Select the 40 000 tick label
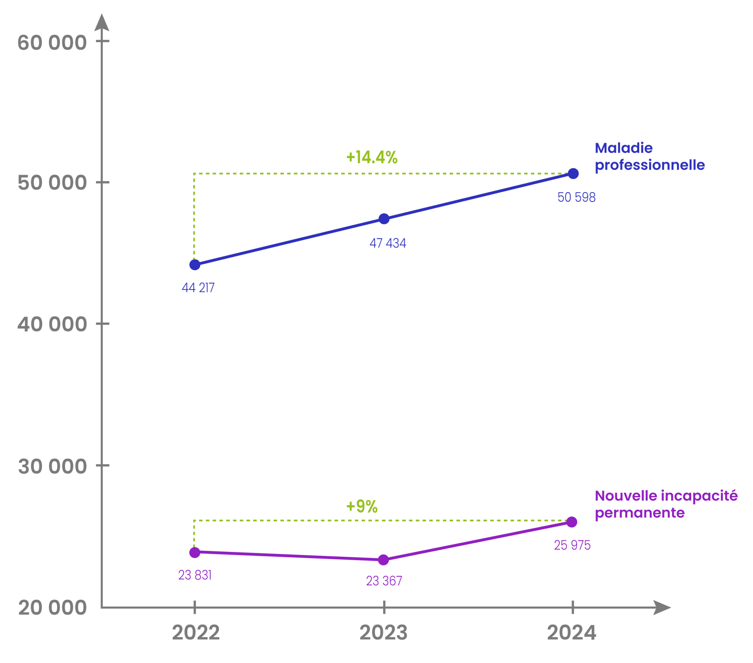point(52,324)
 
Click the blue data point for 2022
point(195,265)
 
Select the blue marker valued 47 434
point(384,219)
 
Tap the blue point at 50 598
point(573,173)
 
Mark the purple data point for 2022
point(195,553)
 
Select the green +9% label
point(362,506)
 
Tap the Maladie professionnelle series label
point(649,157)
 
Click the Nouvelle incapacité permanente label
point(666,504)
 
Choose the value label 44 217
point(198,288)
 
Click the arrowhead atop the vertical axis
point(102,23)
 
